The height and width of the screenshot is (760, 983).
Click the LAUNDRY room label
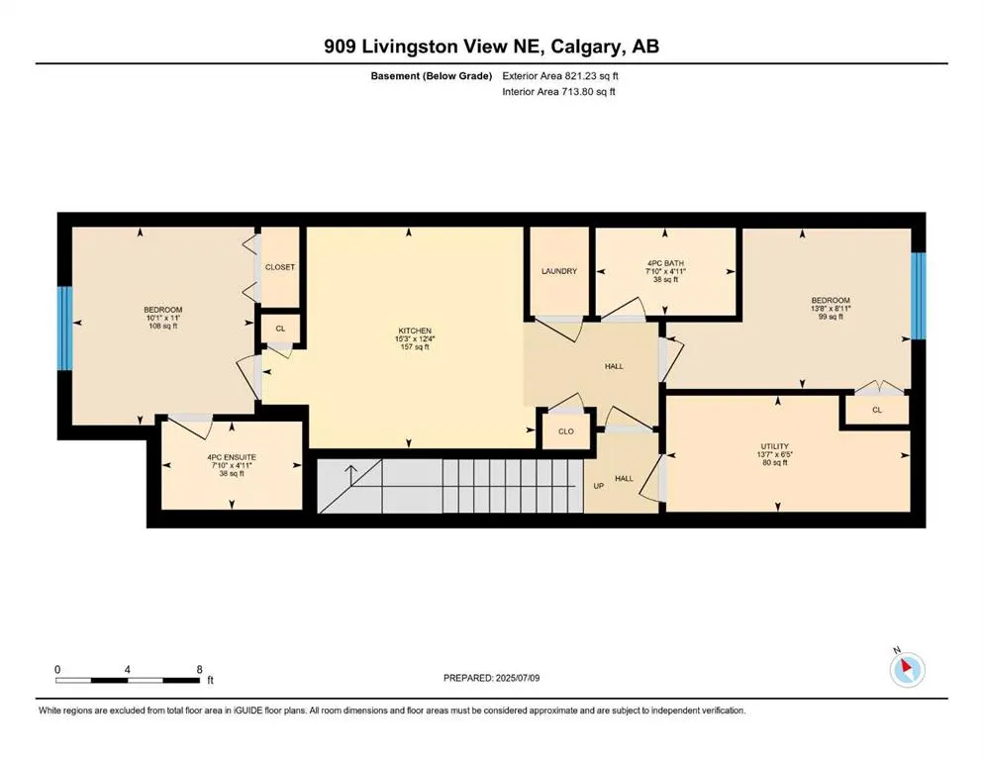coord(559,271)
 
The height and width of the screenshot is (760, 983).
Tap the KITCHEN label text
coord(415,331)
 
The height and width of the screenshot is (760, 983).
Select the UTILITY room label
coord(775,446)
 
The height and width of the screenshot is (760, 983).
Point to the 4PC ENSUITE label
coord(232,457)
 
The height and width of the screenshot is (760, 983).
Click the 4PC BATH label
coord(666,264)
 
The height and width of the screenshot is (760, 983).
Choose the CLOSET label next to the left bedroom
coord(279,267)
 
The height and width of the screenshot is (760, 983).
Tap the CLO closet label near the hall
coord(566,431)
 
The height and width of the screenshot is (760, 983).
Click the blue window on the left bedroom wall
coord(64,329)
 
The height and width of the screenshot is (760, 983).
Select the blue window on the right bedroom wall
coord(918,296)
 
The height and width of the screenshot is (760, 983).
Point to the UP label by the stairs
coord(599,486)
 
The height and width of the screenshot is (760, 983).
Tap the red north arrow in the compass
coord(907,665)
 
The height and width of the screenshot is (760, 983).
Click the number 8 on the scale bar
coord(199,669)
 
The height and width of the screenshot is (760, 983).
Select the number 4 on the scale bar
coord(128,669)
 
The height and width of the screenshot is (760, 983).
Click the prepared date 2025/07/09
coord(518,678)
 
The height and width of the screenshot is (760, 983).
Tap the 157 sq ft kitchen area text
coord(415,347)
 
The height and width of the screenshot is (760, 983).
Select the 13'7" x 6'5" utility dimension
coord(775,455)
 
